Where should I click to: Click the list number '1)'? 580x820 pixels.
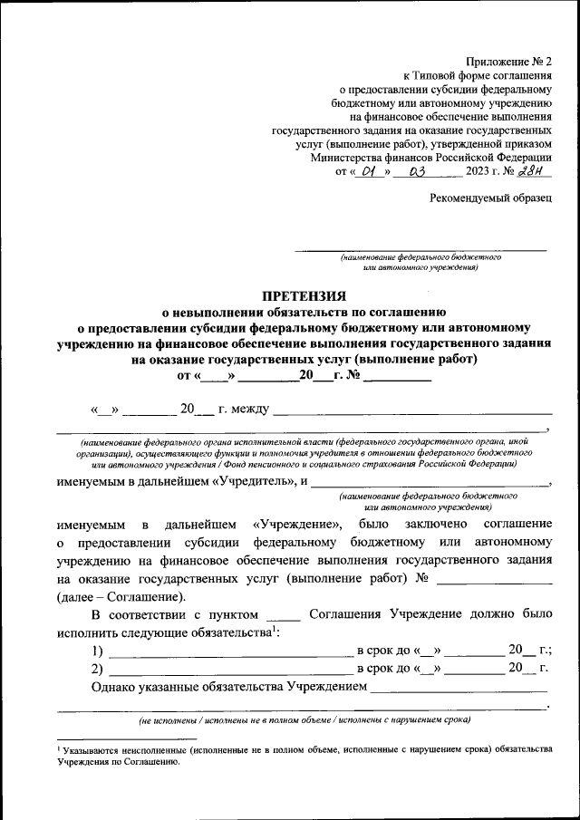pos(97,651)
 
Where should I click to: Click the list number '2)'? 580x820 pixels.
pos(97,669)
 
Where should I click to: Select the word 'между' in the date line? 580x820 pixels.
pos(249,410)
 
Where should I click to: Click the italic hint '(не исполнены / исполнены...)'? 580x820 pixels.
pos(304,720)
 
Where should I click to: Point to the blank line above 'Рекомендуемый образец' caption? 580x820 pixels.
pos(420,247)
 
